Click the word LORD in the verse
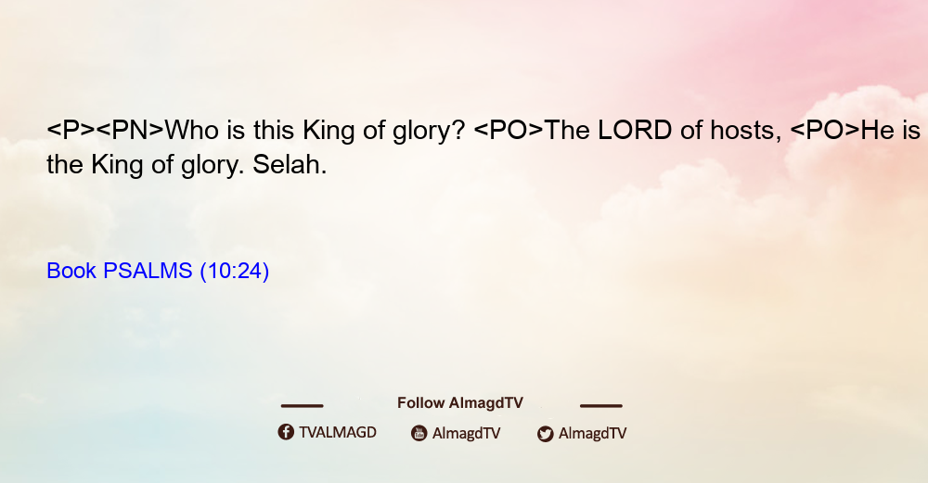coord(635,130)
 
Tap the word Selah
coord(290,165)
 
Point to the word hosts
coord(746,130)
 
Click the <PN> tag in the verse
coord(130,130)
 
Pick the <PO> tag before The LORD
coord(509,130)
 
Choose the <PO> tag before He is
coord(825,130)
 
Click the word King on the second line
coord(117,165)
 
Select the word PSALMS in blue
coord(148,271)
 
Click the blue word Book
coord(71,271)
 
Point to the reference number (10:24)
coord(235,271)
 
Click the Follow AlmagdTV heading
coord(460,403)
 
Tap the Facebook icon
coord(286,432)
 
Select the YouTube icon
coord(419,433)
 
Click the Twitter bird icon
coord(545,434)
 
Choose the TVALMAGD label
coord(338,433)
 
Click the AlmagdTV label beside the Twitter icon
coord(592,434)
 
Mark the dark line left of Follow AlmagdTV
coord(302,405)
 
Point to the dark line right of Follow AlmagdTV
coord(601,405)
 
